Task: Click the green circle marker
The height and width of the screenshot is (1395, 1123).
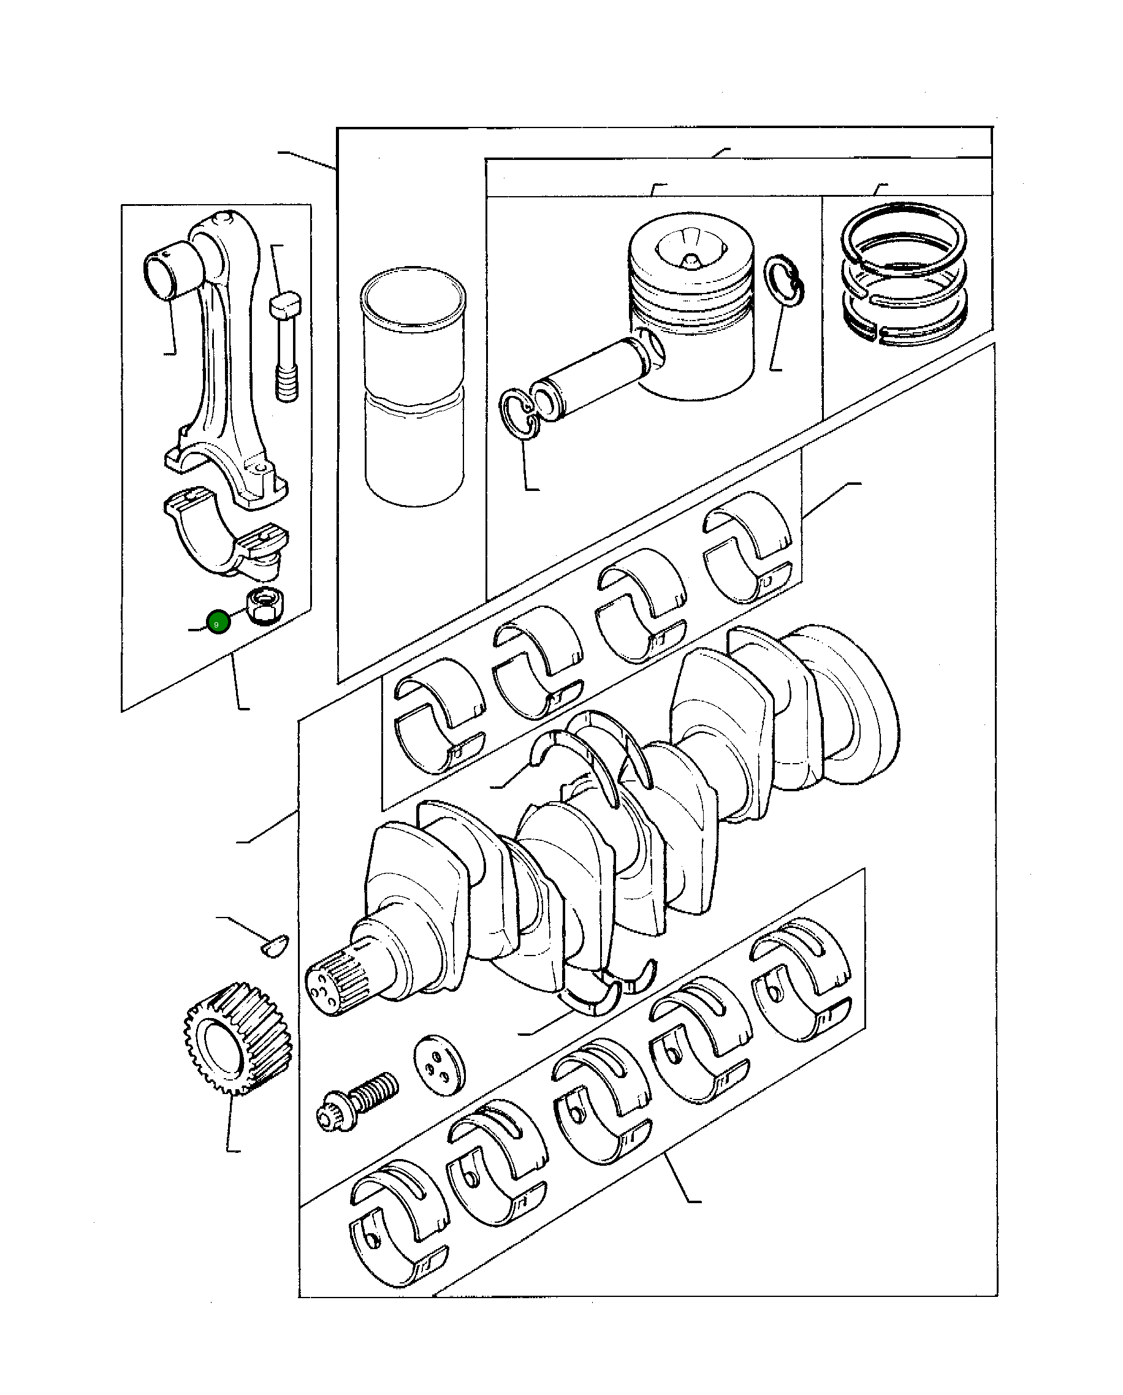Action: pos(218,623)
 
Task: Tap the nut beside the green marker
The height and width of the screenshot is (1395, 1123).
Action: pos(264,605)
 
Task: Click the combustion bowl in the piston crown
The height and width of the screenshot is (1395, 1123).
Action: pos(690,249)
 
